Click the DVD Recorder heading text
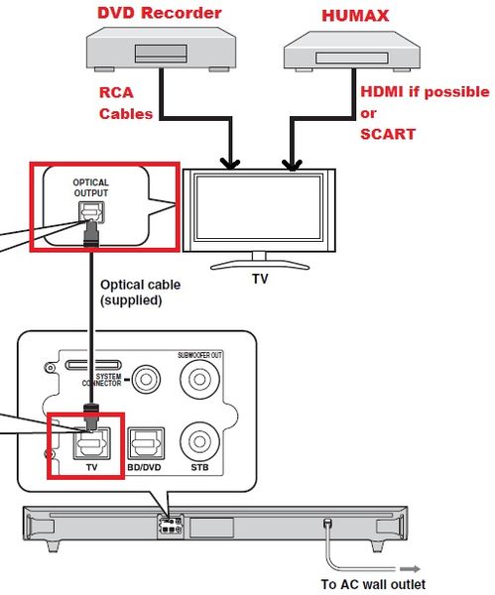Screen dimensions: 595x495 [x=159, y=13]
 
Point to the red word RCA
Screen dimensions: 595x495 [x=116, y=93]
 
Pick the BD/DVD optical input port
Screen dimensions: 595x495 [x=145, y=438]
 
